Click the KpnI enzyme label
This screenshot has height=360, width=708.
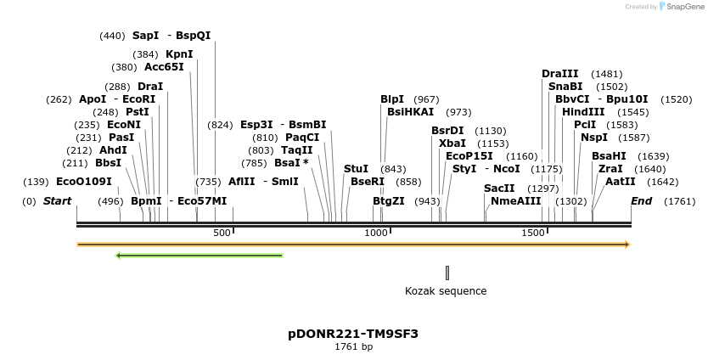pyautogui.click(x=179, y=54)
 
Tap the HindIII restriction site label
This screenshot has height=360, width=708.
pyautogui.click(x=583, y=112)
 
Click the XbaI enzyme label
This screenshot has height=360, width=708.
pyautogui.click(x=452, y=143)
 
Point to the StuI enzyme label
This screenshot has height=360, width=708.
pyautogui.click(x=356, y=169)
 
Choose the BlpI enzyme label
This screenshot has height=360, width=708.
pyautogui.click(x=392, y=99)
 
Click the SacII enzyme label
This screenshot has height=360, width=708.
pyautogui.click(x=499, y=188)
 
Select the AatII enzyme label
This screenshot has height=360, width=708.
pyautogui.click(x=620, y=182)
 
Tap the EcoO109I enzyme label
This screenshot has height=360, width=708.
pyautogui.click(x=83, y=182)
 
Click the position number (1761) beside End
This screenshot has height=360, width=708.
pyautogui.click(x=680, y=201)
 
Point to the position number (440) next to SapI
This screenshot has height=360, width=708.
pyautogui.click(x=112, y=36)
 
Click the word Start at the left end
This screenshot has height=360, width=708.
pyautogui.click(x=57, y=201)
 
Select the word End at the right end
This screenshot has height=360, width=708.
pyautogui.click(x=641, y=201)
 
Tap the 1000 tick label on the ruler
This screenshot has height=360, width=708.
pyautogui.click(x=376, y=233)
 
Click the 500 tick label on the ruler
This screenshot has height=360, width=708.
pyautogui.click(x=222, y=233)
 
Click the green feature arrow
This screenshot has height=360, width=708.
pyautogui.click(x=199, y=255)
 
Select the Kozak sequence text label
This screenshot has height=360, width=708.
pyautogui.click(x=446, y=291)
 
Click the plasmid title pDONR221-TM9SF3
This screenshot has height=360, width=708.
pyautogui.click(x=353, y=334)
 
